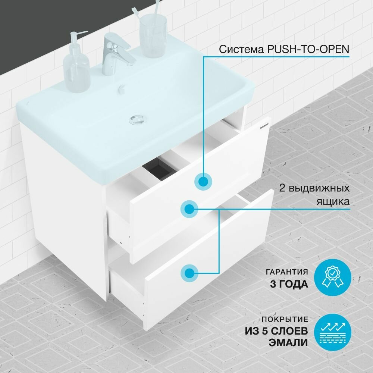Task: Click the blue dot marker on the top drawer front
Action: coord(203,181)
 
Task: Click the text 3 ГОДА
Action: coord(289,284)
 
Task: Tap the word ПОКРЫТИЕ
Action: coord(286,320)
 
